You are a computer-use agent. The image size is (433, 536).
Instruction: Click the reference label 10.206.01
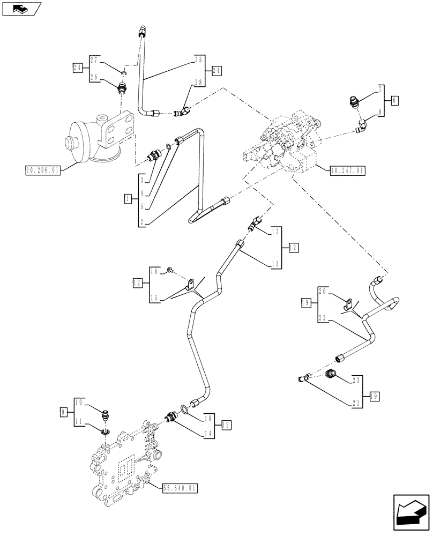coord(43,171)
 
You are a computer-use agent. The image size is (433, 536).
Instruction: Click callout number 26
coord(94,77)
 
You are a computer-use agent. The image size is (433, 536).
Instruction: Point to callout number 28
coord(199,81)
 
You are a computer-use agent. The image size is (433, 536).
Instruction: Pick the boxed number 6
coord(395,100)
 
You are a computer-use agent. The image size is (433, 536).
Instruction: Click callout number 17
coord(275,232)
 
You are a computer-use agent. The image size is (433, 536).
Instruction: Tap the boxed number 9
coord(63,412)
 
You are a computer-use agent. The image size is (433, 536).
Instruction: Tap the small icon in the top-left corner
coord(21,9)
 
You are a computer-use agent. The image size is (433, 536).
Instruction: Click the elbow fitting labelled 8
coord(363,127)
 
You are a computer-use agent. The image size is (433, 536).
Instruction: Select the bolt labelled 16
coord(169,270)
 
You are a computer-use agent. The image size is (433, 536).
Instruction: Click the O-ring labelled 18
coord(184,410)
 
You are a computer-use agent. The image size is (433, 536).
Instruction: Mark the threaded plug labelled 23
coord(333,373)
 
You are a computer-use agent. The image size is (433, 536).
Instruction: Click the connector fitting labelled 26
coord(122,86)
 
